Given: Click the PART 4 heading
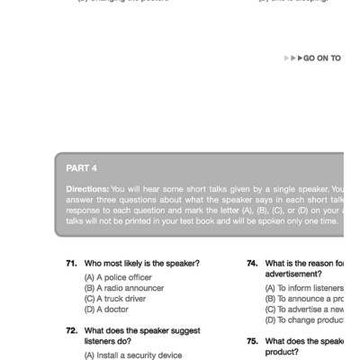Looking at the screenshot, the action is pos(82,167).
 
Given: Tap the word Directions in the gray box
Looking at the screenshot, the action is pos(87,189).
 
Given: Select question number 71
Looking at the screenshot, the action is pos(71,264).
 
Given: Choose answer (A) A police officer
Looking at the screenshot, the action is pos(118,277).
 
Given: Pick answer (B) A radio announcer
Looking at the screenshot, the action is pos(124,288).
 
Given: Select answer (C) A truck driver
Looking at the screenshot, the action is pos(116,299).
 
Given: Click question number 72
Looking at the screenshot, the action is pos(71,330).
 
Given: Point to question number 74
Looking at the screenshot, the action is pos(253,264).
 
